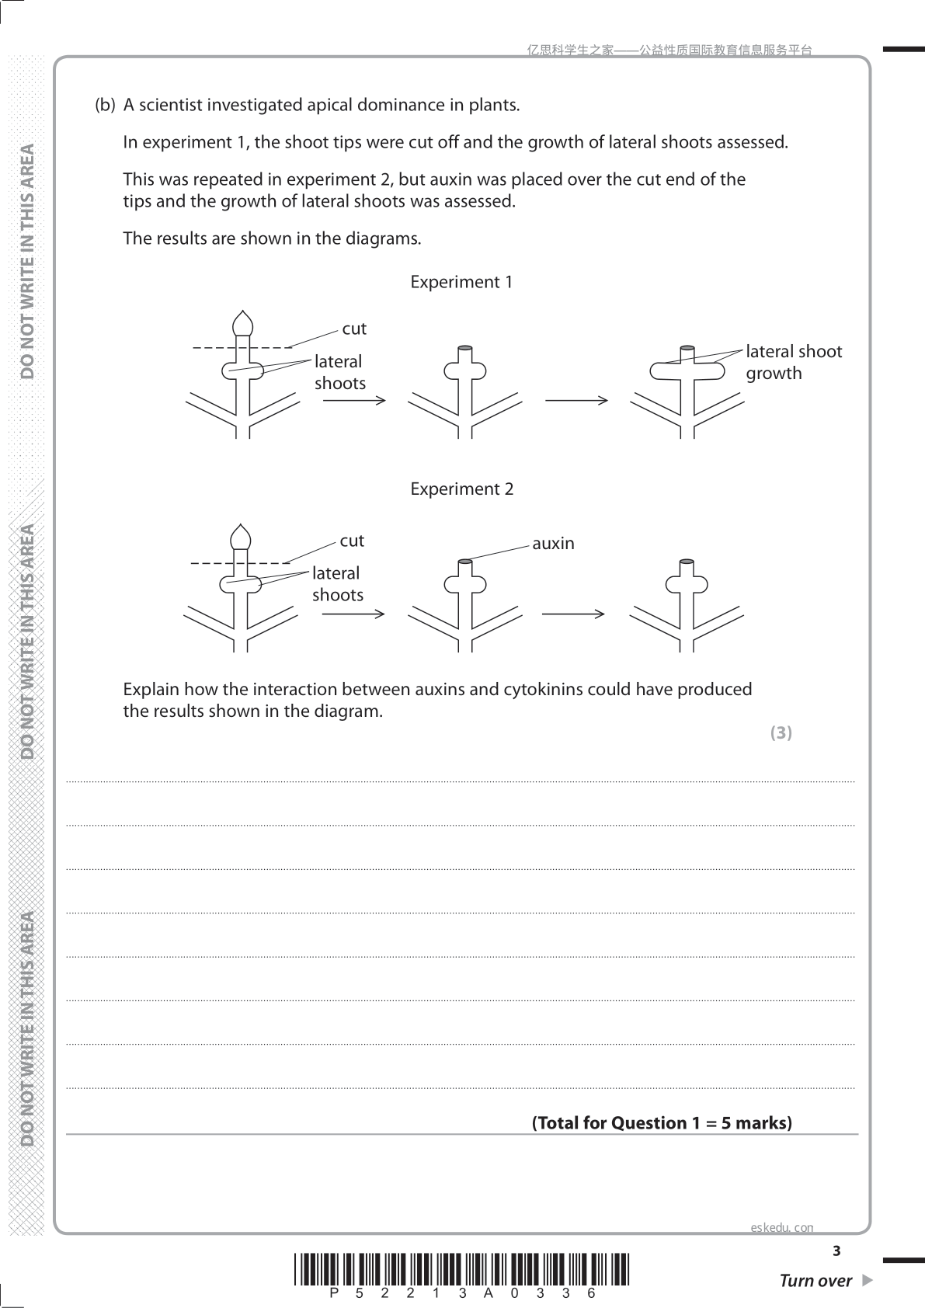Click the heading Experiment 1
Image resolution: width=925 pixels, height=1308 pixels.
click(461, 282)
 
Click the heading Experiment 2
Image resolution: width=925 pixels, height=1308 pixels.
click(462, 489)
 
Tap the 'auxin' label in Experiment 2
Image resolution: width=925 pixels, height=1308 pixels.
click(553, 544)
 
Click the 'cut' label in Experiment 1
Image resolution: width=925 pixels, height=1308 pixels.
click(354, 329)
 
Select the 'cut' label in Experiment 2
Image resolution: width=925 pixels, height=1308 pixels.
click(352, 541)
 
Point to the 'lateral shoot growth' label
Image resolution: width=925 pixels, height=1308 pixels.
click(795, 362)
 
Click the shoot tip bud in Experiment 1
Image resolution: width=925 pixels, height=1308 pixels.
click(242, 323)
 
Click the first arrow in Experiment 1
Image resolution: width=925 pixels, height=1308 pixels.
click(354, 401)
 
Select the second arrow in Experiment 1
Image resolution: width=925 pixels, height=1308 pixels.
click(577, 401)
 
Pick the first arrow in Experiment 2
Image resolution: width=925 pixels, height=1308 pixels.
click(353, 614)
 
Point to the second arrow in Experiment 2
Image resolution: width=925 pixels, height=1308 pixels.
click(573, 614)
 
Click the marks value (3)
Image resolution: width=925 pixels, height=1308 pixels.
click(781, 732)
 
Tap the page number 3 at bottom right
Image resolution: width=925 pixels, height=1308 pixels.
click(836, 1251)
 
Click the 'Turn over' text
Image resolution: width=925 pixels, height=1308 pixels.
click(815, 1281)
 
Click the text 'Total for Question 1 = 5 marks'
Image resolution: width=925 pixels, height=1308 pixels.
click(662, 1123)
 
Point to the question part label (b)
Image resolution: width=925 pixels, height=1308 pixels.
click(105, 105)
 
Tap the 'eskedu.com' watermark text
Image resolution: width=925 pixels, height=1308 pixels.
click(782, 1227)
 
